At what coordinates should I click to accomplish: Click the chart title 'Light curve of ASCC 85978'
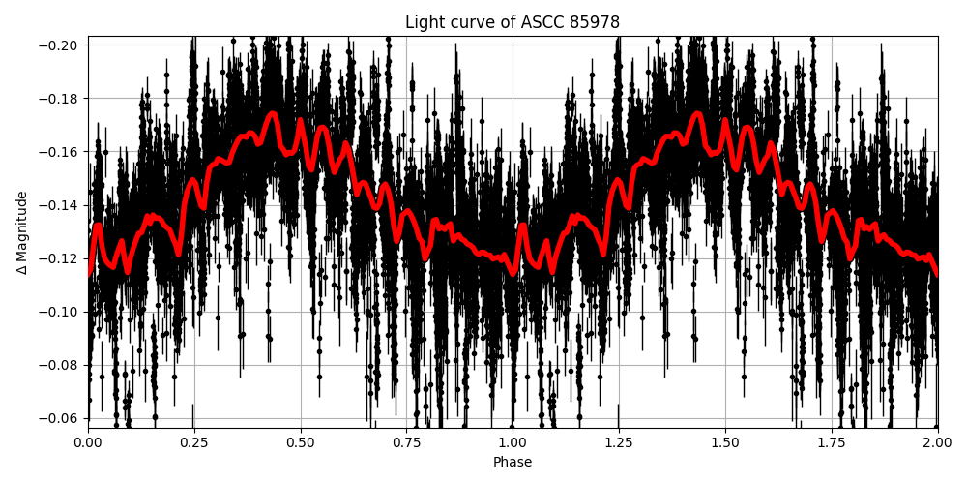tap(513, 22)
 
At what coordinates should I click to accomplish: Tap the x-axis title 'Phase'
tap(513, 463)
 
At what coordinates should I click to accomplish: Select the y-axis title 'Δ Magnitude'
tap(22, 232)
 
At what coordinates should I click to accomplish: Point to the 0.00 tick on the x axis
tap(88, 442)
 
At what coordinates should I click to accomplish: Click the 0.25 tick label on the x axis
tap(194, 442)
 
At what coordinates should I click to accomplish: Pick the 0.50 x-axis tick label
tap(301, 442)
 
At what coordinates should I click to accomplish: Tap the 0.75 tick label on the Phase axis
tap(406, 442)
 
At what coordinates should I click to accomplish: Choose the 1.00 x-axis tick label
tap(513, 442)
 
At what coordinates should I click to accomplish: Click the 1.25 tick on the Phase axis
tap(619, 442)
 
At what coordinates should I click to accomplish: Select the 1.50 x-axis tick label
tap(725, 442)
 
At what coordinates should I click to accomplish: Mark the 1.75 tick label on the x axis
tap(832, 442)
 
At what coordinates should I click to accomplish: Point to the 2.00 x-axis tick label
tap(937, 442)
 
